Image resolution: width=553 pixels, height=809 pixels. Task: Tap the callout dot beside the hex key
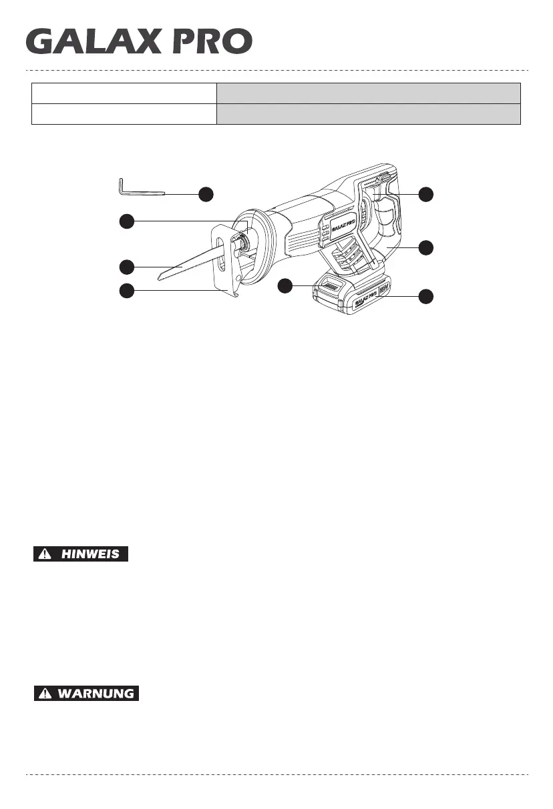(x=206, y=194)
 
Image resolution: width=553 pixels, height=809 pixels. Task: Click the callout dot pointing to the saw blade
(x=126, y=267)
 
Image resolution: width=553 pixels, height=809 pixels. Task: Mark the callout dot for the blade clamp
(x=126, y=221)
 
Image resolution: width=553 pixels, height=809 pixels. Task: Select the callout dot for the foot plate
(x=126, y=290)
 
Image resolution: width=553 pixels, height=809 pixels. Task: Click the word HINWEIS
(x=91, y=554)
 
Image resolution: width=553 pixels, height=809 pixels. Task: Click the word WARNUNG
(x=96, y=694)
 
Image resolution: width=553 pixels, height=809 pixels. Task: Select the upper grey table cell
(x=368, y=93)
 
